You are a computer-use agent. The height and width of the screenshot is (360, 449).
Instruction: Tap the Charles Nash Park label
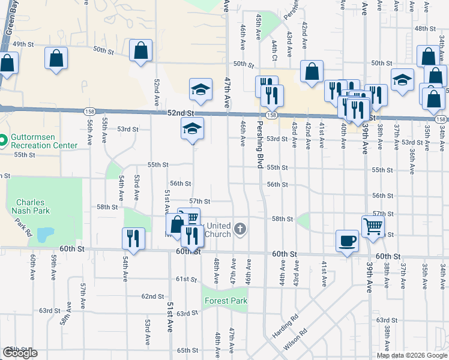31,206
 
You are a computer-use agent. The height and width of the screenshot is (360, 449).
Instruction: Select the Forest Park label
225,301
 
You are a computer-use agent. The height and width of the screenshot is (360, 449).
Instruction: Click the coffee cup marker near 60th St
347,241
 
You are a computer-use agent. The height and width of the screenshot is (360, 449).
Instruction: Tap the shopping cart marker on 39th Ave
372,227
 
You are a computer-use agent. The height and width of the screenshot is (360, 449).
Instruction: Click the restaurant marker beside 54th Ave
133,239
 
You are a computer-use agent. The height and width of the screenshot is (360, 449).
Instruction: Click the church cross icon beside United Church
240,228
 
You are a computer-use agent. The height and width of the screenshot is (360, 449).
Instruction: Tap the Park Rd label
23,227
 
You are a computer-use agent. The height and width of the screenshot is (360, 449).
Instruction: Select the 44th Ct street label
273,50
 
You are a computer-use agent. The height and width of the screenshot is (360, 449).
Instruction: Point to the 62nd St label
152,296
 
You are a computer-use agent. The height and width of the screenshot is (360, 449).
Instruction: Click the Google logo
20,353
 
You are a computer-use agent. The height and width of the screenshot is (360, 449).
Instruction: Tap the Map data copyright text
412,355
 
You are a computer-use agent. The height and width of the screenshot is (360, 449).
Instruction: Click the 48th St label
424,28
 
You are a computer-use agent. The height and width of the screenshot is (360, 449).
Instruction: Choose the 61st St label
186,279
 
